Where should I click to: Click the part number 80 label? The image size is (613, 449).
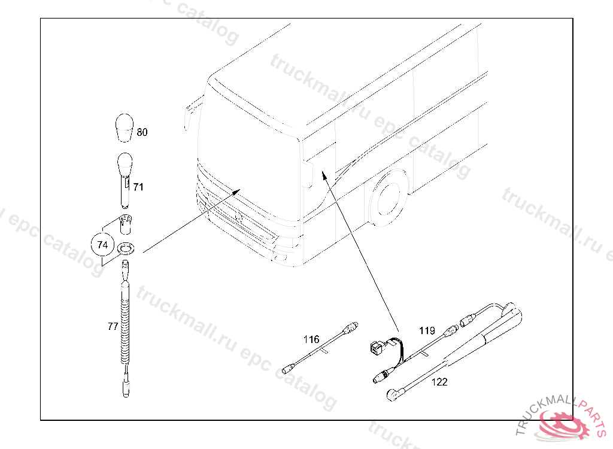142,132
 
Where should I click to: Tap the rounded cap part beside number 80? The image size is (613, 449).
125,128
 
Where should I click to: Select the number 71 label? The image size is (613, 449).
138,187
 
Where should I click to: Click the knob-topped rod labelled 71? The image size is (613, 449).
125,180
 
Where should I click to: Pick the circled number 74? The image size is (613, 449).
102,245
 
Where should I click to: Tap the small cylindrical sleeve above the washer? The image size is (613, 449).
125,224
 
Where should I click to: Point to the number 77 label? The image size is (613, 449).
113,326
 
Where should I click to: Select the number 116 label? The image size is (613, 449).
311,339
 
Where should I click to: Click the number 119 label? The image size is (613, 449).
427,331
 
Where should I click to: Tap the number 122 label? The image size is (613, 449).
439,382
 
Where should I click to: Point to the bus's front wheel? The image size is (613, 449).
387,199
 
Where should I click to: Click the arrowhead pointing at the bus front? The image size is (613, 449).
236,191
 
